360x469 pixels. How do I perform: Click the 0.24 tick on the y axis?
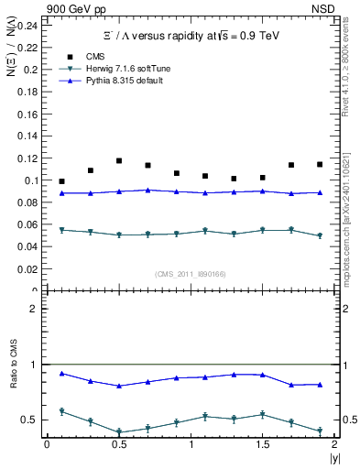29,25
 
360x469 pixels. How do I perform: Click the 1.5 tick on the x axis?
263,443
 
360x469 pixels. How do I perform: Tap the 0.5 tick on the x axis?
118,443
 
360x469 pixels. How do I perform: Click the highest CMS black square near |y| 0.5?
119,160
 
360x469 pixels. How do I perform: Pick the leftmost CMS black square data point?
61,181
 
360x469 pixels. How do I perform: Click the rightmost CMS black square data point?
320,164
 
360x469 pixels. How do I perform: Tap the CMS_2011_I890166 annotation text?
190,274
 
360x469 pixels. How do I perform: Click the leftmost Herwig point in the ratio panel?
61,411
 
